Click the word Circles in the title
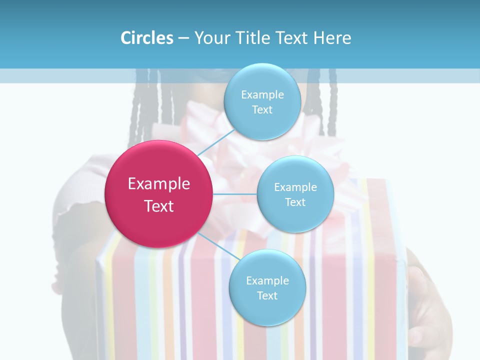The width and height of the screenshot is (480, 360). (x=146, y=38)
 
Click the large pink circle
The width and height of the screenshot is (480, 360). (x=158, y=194)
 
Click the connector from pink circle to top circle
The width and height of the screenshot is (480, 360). (x=216, y=141)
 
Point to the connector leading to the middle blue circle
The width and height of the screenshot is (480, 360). (x=235, y=194)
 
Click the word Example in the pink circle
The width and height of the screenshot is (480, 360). (x=158, y=184)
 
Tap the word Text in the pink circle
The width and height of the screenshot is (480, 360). (x=158, y=206)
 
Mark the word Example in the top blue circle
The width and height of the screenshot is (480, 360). (x=262, y=94)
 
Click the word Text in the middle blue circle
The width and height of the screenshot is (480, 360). (x=295, y=202)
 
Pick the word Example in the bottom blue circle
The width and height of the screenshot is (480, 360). (x=267, y=280)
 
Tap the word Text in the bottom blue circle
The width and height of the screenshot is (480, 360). (x=267, y=295)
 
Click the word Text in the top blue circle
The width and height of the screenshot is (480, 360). (x=262, y=109)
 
